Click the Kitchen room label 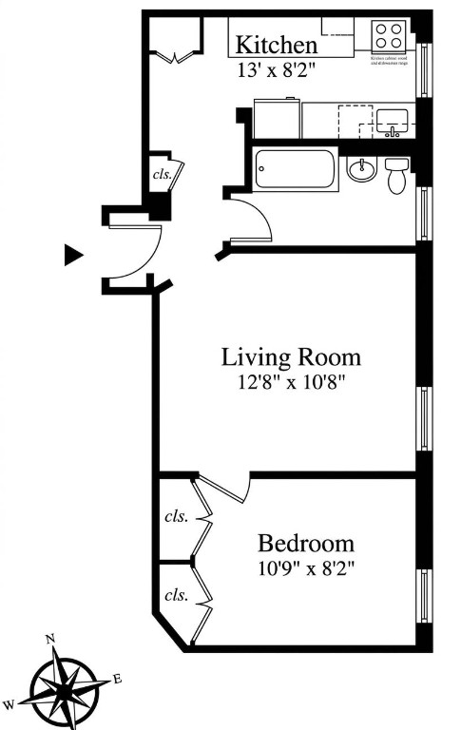click(276, 45)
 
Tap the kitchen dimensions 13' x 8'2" click(276, 68)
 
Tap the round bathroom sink click(360, 169)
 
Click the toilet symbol click(396, 175)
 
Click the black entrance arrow click(73, 255)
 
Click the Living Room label click(291, 357)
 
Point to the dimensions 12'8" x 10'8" click(291, 382)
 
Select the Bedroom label click(306, 544)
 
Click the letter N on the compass click(51, 639)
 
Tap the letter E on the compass click(117, 678)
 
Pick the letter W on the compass click(9, 704)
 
